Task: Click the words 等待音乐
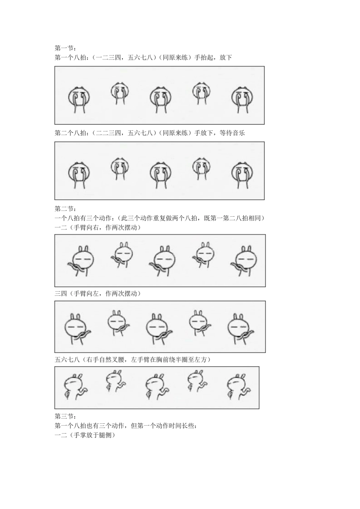pyautogui.click(x=232, y=133)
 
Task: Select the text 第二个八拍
pyautogui.click(x=70, y=133)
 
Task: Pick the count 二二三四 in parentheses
pyautogui.click(x=108, y=133)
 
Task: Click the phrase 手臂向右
pyautogui.click(x=86, y=228)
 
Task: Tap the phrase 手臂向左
pyautogui.click(x=86, y=294)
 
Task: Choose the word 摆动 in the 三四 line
pyautogui.click(x=131, y=294)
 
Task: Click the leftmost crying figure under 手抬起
pyautogui.click(x=79, y=100)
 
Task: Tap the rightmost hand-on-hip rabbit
pyautogui.click(x=239, y=388)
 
